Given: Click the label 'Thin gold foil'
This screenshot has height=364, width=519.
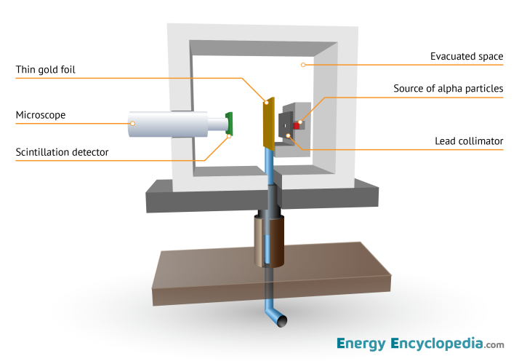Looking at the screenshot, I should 46,70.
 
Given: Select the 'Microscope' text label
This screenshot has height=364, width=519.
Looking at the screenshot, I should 41,115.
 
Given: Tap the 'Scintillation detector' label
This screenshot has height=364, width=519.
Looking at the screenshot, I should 63,151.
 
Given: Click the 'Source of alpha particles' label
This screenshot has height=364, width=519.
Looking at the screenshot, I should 448,88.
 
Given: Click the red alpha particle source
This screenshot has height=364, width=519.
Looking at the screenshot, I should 297,125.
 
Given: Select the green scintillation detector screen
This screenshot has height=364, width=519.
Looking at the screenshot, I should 229,124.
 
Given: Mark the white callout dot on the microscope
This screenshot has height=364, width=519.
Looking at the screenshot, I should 133,124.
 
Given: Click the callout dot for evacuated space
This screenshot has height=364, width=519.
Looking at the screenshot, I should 304,65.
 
